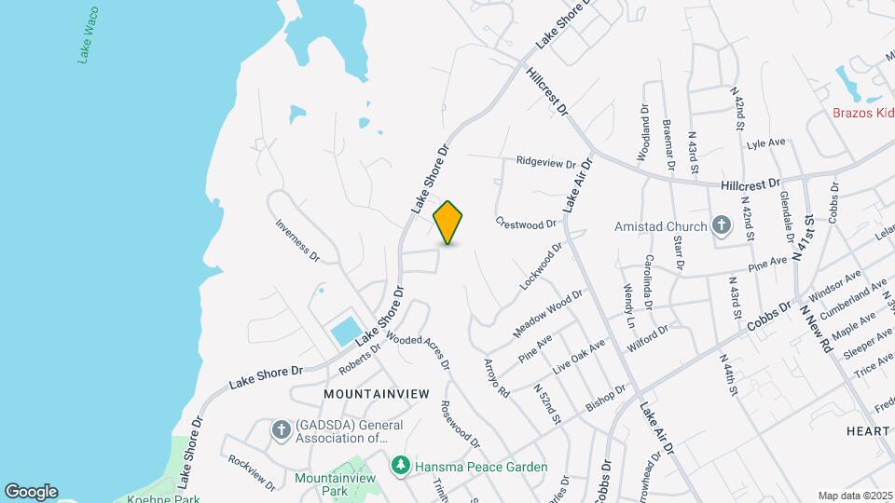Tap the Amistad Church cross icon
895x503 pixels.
(x=721, y=226)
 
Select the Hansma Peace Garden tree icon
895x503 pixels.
(x=400, y=464)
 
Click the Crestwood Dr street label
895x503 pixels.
(x=526, y=224)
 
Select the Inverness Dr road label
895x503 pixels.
(x=297, y=239)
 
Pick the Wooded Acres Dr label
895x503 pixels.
(x=417, y=351)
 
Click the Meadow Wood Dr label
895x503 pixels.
(x=547, y=314)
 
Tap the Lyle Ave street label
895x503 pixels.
(x=767, y=143)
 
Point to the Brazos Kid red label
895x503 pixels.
(x=863, y=114)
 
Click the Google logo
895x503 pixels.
(x=31, y=491)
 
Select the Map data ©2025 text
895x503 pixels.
(x=854, y=496)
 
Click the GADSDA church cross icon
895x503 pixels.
(x=280, y=429)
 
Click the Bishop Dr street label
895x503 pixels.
(x=611, y=395)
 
